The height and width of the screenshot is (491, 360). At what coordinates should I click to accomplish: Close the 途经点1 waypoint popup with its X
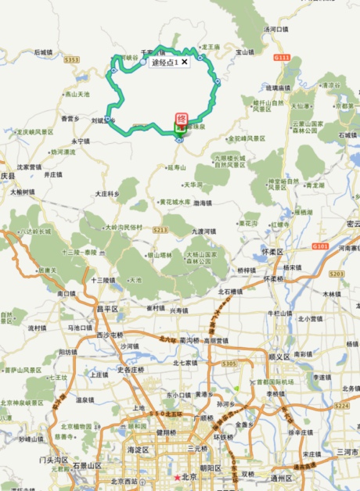coord(184,61)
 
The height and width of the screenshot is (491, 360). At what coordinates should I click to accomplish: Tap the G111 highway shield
coord(283,58)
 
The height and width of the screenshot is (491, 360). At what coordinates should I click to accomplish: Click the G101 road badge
coord(319,245)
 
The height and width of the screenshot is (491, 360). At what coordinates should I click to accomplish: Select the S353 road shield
coord(72,59)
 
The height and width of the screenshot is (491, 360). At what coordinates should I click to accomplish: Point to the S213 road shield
coord(160,230)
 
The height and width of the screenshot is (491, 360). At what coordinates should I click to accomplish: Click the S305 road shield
coord(229,364)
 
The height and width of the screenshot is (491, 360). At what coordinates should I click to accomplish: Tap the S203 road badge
coord(337,274)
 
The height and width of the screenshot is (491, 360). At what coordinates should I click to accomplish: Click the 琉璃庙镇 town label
coord(282,88)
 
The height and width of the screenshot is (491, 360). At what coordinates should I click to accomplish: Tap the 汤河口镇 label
coord(276,29)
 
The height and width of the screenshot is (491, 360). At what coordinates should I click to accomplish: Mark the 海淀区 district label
coord(138,450)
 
